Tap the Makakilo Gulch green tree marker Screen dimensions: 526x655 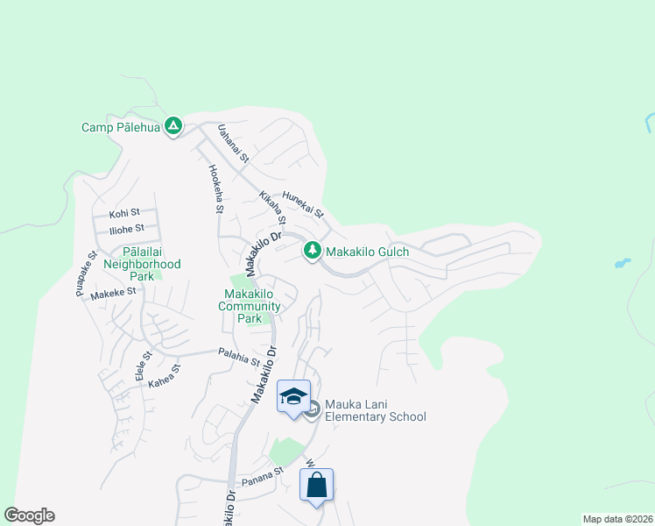tap(312, 252)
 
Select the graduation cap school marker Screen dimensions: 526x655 tap(294, 396)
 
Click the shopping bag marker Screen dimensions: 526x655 tap(316, 485)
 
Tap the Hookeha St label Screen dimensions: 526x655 tap(215, 189)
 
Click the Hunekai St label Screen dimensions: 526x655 tap(302, 206)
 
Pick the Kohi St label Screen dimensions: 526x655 tap(124, 213)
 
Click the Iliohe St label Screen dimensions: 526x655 tap(126, 230)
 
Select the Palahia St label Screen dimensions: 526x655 tap(238, 358)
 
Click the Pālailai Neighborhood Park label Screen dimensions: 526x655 tap(142, 264)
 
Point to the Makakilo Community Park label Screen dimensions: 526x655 tap(252, 306)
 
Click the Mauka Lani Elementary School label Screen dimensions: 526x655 tap(375, 410)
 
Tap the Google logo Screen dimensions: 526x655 tap(29, 515)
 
